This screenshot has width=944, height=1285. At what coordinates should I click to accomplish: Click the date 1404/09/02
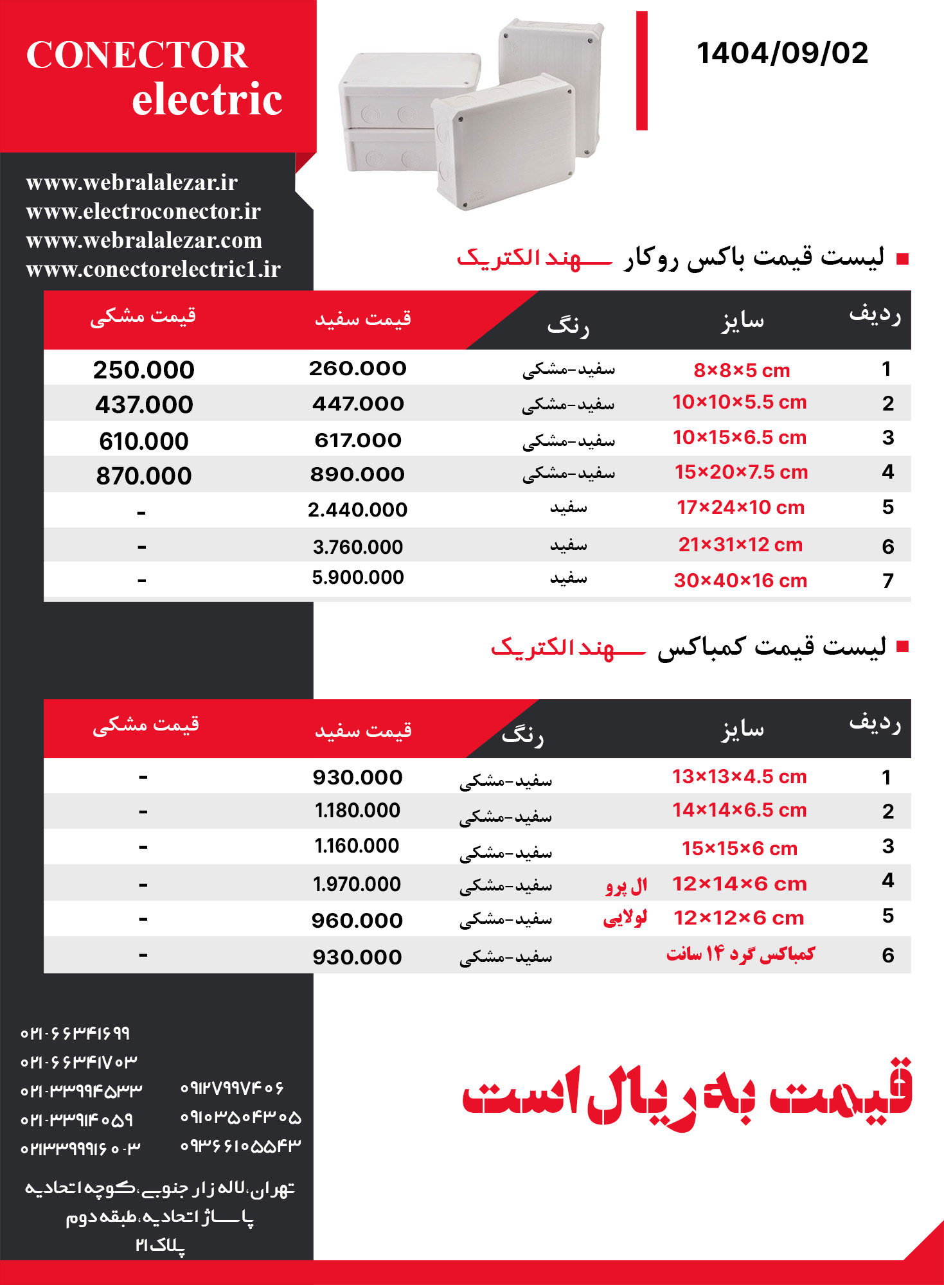[x=782, y=53]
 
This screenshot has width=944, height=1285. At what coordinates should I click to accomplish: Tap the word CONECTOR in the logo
[x=137, y=55]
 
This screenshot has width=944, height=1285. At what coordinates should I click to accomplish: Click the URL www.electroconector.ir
[x=143, y=211]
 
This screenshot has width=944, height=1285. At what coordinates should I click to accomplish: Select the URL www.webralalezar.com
[x=144, y=240]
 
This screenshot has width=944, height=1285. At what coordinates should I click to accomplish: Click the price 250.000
[x=144, y=370]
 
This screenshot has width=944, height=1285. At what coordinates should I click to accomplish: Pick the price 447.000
[x=358, y=404]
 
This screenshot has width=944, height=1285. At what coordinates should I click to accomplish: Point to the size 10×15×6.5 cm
[x=740, y=438]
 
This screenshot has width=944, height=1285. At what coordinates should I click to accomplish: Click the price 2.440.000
[x=357, y=510]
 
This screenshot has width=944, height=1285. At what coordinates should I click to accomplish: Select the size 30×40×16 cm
[x=740, y=581]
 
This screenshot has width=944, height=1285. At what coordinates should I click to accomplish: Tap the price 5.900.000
[x=358, y=578]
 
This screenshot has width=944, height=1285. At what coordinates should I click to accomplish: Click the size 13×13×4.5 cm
[x=740, y=777]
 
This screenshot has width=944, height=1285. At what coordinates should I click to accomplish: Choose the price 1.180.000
[x=357, y=811]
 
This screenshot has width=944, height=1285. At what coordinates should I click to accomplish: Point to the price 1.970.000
[x=357, y=885]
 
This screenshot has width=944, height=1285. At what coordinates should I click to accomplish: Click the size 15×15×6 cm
[x=740, y=849]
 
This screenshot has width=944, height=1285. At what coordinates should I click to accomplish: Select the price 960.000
[x=357, y=921]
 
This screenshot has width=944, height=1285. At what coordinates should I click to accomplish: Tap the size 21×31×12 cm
[x=740, y=545]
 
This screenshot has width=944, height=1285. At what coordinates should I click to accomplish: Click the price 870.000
[x=144, y=476]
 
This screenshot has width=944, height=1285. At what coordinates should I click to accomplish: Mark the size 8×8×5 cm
[x=742, y=371]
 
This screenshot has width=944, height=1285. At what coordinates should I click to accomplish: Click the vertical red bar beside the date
[x=641, y=71]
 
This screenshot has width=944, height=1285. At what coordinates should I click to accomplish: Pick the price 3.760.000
[x=358, y=547]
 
